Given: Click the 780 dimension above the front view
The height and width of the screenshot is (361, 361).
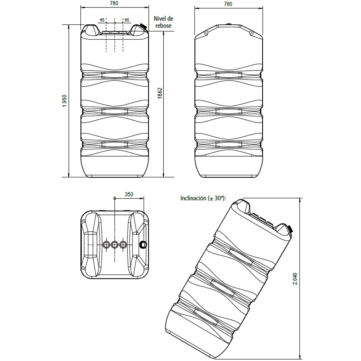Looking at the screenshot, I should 114,4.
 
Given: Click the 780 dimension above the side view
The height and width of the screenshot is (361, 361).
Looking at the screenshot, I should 228,4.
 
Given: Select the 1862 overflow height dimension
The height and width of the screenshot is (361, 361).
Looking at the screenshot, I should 160,94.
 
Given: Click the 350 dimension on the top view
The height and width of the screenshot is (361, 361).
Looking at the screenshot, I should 129,194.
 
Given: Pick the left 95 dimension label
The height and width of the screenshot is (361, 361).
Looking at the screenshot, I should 102,20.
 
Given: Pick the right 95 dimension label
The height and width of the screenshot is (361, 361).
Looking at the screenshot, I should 127,20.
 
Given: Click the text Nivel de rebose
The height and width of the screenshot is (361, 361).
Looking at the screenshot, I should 164,22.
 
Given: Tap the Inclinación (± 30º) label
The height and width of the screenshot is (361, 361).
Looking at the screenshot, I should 203,198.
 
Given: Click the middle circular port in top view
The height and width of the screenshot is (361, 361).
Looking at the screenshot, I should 115,245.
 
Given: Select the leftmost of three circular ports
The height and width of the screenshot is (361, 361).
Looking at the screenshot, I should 106,245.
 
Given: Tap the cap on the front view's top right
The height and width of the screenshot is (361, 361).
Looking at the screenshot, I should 143,27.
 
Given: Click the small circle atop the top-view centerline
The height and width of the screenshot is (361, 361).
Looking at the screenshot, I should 115,198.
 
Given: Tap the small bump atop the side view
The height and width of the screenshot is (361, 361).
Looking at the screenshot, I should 229,25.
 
